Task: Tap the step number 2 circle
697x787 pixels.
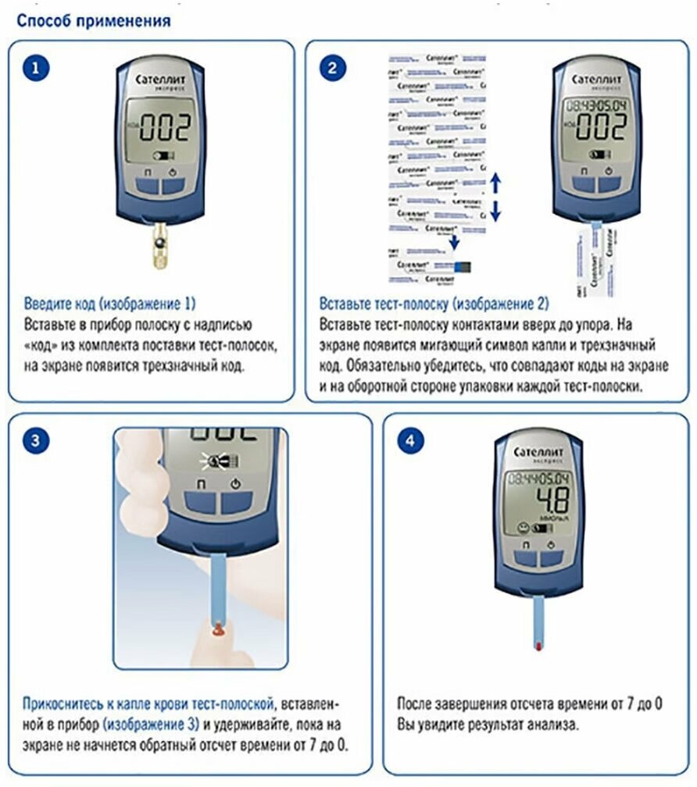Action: pyautogui.click(x=331, y=68)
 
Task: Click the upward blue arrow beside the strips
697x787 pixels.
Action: pyautogui.click(x=495, y=184)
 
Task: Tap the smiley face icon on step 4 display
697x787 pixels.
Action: pyautogui.click(x=516, y=529)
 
